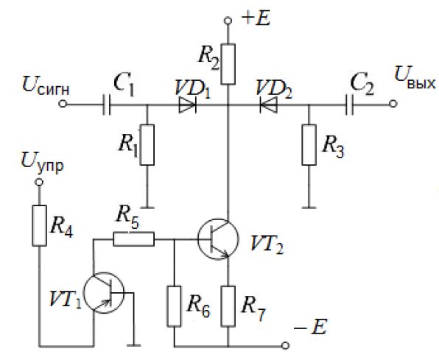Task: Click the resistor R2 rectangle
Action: [228, 64]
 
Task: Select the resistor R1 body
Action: [147, 145]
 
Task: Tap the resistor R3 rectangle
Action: [309, 145]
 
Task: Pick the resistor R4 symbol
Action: [39, 225]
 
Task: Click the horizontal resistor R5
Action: [133, 239]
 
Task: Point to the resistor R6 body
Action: [174, 306]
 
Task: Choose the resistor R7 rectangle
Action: [228, 306]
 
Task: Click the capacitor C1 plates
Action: [106, 105]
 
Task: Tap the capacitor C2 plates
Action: [349, 105]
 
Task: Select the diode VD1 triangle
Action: [187, 105]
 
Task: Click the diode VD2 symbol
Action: [269, 105]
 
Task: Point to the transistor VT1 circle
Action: [104, 293]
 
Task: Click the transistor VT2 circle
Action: [218, 239]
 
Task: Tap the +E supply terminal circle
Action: [228, 21]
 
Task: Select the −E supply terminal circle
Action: [285, 346]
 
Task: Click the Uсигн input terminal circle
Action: [63, 104]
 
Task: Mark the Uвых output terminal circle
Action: [393, 104]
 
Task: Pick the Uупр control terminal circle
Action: [39, 183]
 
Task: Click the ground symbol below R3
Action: [309, 208]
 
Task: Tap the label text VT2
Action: [267, 244]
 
